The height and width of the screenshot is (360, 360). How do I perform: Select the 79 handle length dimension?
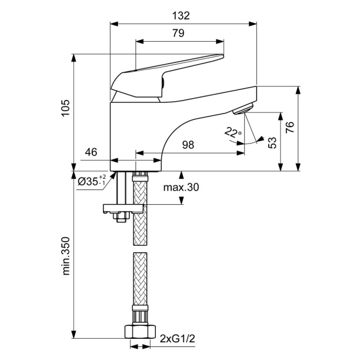(179, 34)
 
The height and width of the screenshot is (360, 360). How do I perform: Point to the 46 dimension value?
(91, 152)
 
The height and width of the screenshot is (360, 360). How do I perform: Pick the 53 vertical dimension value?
(271, 143)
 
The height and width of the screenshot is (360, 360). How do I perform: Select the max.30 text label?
(181, 188)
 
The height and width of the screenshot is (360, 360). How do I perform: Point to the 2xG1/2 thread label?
(178, 339)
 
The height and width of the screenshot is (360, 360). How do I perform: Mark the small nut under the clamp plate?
(121, 218)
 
